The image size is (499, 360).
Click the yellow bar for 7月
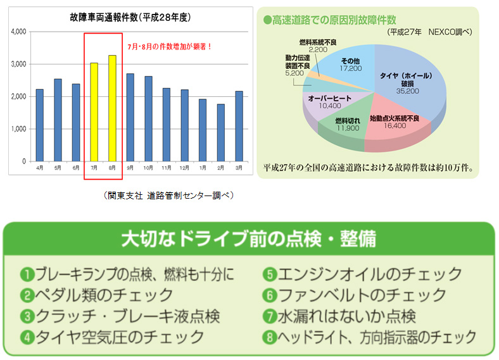click(94, 112)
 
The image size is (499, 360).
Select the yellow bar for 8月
click(112, 108)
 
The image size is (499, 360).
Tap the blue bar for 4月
click(39, 125)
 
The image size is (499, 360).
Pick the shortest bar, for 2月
click(220, 133)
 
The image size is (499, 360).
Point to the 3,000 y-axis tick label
click(18, 64)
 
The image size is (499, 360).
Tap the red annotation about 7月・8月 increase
click(169, 46)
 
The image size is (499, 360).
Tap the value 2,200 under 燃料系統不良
click(317, 49)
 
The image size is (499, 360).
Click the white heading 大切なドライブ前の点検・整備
click(248, 239)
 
